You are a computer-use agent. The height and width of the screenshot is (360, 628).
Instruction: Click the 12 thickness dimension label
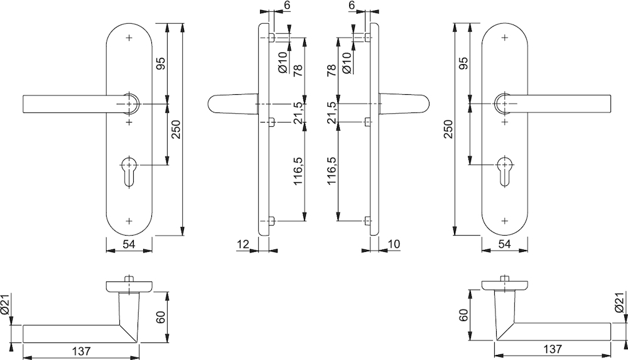point(243,244)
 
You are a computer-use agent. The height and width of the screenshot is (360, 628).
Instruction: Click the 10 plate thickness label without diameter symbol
point(394,244)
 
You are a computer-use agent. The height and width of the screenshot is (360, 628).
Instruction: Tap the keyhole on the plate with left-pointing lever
point(129,171)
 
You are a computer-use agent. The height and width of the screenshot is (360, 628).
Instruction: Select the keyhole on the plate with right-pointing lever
point(505,171)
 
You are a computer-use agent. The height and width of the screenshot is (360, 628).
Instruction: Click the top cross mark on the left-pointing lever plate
point(129,38)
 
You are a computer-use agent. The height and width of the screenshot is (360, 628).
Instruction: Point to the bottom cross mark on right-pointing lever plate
point(505,221)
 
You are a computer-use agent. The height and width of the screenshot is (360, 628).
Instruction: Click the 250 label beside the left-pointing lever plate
point(176,129)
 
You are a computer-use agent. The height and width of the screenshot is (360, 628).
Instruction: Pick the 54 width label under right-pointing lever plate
point(505,244)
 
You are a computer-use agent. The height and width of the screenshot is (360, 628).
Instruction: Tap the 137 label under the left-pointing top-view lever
point(81,351)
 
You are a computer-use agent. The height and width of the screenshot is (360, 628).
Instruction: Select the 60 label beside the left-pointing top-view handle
point(160,317)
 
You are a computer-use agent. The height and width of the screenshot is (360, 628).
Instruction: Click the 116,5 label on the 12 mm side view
point(298,170)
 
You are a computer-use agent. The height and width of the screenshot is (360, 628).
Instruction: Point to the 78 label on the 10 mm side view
point(331,71)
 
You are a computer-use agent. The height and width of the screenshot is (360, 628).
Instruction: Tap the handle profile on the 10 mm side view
point(404,104)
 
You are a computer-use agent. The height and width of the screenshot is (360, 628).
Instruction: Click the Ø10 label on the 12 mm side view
point(283,62)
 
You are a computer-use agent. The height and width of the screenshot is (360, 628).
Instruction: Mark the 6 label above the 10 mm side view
point(352,5)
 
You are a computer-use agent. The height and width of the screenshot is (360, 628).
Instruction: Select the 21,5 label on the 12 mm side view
point(298,113)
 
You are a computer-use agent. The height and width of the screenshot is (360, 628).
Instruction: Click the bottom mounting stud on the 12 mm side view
point(271,221)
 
